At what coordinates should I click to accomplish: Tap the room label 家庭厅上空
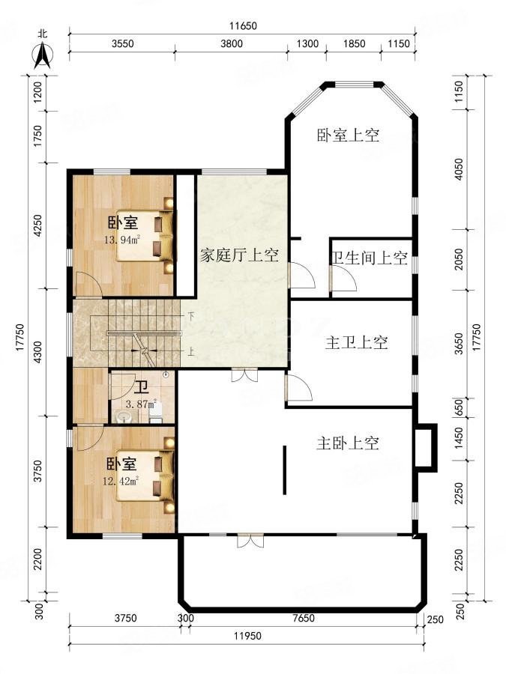239,255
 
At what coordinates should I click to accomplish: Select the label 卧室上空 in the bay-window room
348,136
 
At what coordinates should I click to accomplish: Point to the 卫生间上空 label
370,259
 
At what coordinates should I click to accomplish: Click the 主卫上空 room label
356,343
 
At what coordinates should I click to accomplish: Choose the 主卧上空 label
347,443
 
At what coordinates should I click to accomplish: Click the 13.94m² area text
122,240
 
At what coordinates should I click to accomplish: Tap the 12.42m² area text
121,481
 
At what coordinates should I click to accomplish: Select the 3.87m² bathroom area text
139,404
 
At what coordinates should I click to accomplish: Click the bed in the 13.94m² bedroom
150,235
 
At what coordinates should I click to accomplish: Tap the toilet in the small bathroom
156,411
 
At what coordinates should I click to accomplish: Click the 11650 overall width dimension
243,25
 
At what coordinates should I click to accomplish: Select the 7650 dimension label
303,619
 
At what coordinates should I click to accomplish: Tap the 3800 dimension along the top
230,43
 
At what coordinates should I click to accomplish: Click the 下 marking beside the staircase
191,316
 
